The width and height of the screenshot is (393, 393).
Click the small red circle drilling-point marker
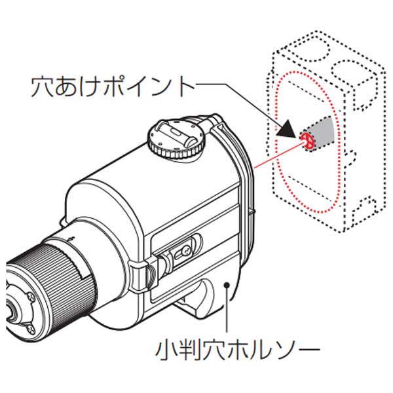(307, 138)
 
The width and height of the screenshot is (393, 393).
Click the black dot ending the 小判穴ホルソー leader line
(227, 284)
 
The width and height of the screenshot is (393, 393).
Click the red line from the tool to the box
(275, 155)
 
